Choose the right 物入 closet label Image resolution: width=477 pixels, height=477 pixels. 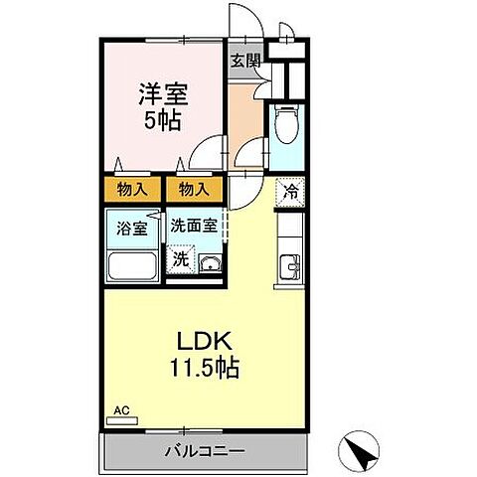coord(193,188)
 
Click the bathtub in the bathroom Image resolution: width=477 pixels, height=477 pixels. coord(131,266)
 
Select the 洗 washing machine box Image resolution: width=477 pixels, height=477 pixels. coord(180,259)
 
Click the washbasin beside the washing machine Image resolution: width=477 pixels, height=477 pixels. coord(210,262)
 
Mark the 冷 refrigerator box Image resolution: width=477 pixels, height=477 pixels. coord(290,191)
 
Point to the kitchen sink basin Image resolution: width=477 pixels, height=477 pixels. coord(289,265)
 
